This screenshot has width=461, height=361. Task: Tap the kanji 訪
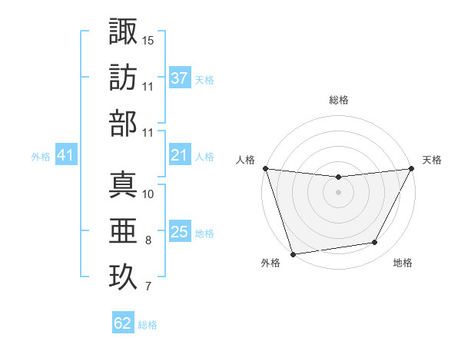point(123,77)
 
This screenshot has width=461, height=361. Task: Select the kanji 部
point(123,123)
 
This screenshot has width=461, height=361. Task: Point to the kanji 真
point(123,184)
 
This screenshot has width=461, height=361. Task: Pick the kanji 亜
point(123,230)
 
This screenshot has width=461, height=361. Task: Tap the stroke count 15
point(148,40)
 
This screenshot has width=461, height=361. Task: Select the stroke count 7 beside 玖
point(148,287)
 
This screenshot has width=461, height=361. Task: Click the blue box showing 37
point(179,78)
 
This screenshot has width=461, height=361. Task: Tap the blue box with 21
point(179,155)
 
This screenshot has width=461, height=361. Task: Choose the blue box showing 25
point(179,232)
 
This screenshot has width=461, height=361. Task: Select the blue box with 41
point(65,156)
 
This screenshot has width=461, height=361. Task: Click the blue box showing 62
point(123,323)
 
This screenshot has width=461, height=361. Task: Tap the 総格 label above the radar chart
point(338,100)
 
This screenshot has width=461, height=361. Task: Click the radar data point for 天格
point(412,168)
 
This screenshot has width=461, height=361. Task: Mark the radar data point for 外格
point(293,254)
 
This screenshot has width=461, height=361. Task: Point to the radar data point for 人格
point(265,168)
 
